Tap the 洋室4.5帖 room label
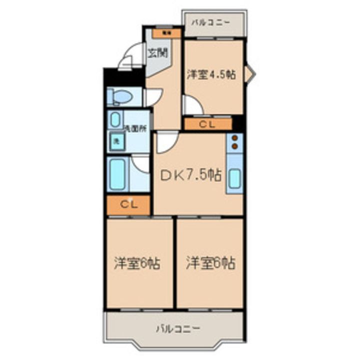[x=211, y=74]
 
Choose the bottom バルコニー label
[x=178, y=328]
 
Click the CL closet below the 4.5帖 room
[x=207, y=124]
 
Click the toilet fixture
[x=119, y=96]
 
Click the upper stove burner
[x=234, y=138]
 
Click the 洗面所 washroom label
[x=135, y=128]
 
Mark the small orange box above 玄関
[x=164, y=33]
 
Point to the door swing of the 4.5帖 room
[x=191, y=105]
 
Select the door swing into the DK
[x=164, y=143]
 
